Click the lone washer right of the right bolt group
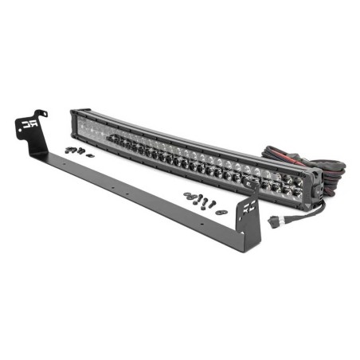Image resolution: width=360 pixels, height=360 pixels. [222, 212]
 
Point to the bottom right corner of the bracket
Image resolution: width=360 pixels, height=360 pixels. [256, 249]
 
